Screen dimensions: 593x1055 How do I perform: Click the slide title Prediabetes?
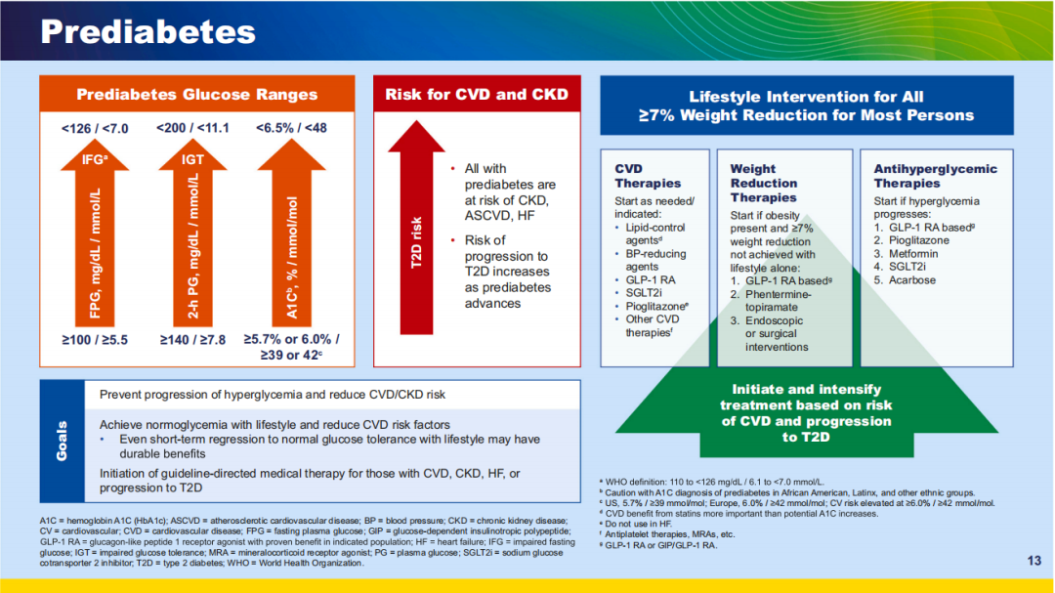(x=148, y=31)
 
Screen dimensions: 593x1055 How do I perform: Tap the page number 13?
(x=1034, y=560)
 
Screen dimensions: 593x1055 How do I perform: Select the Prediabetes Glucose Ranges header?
(x=197, y=95)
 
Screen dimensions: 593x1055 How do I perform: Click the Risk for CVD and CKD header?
(x=476, y=95)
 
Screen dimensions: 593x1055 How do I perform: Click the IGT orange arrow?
(x=192, y=234)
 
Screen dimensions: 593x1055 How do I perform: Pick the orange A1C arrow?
(x=292, y=234)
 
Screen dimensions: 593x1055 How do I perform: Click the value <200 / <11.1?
(x=192, y=129)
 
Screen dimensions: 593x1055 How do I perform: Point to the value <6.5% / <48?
(x=292, y=129)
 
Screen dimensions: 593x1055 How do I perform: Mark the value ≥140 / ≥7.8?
(x=192, y=340)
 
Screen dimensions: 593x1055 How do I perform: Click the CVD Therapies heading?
(x=648, y=176)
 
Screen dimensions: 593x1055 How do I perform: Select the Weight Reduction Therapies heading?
(x=763, y=183)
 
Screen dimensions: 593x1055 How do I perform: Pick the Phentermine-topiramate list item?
(x=778, y=300)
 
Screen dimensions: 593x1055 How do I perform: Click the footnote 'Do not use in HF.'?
(x=645, y=524)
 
